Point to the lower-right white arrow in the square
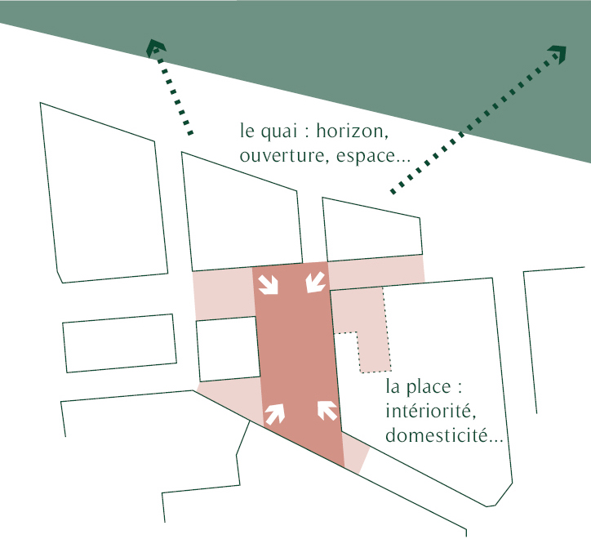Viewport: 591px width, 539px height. (x=327, y=409)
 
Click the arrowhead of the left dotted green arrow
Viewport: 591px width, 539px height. (x=155, y=47)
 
